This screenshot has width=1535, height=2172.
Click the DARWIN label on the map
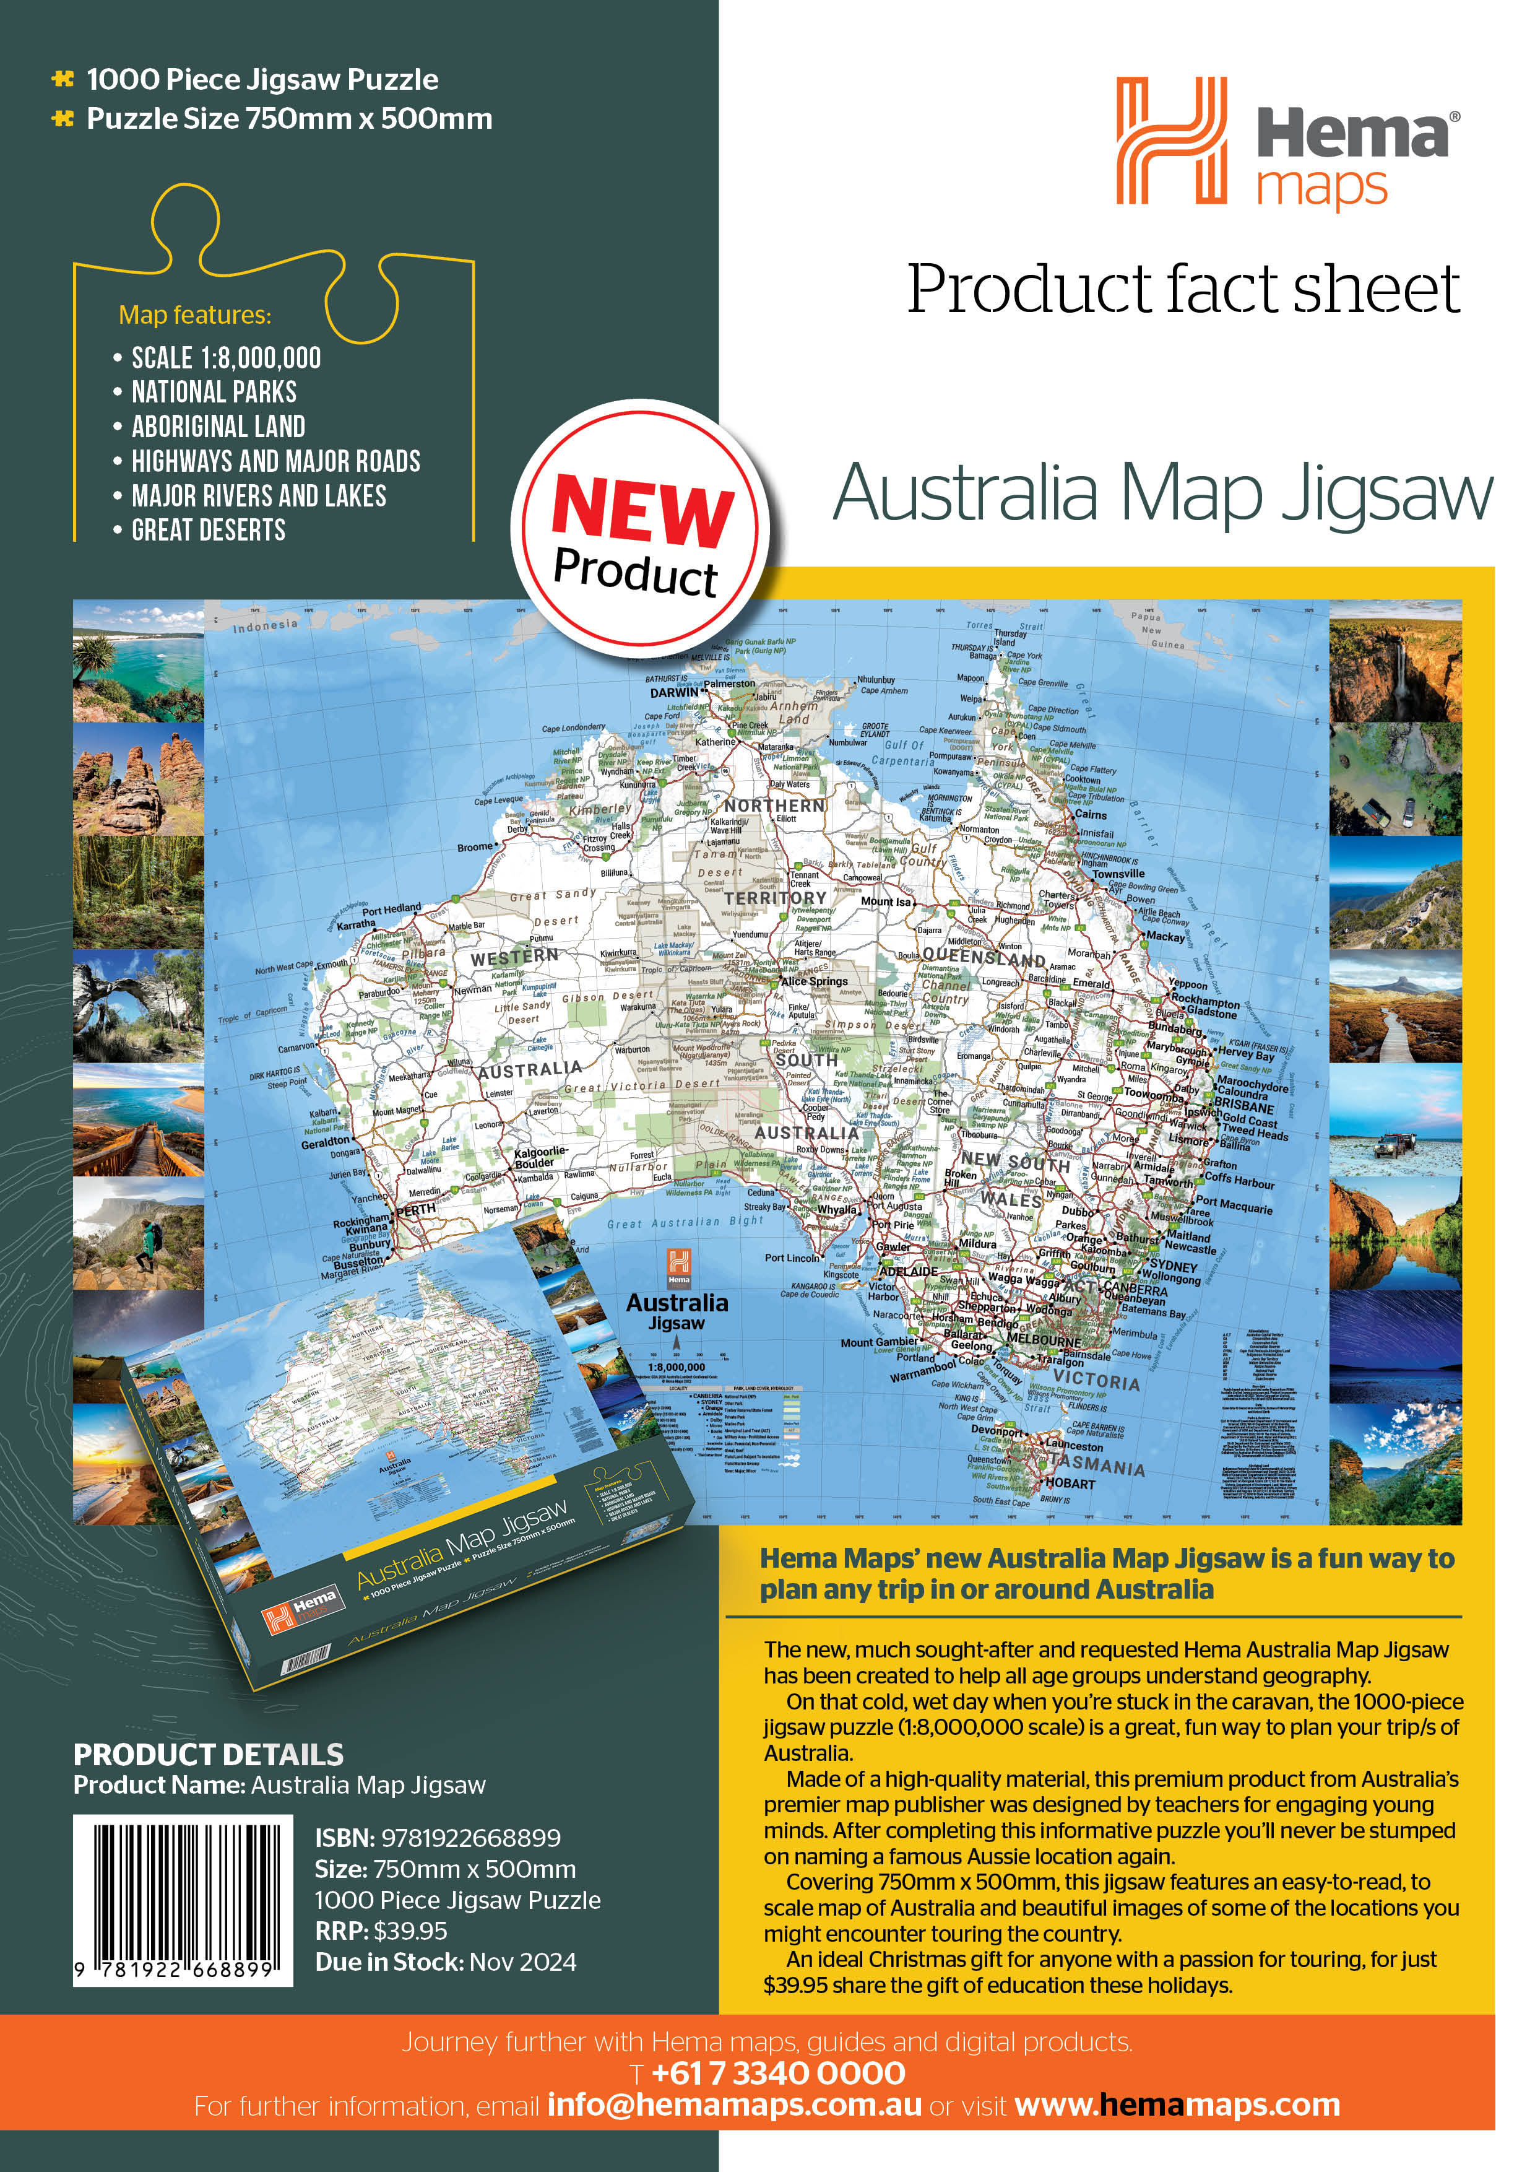coord(674,692)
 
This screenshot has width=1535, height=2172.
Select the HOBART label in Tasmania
coord(1071,1483)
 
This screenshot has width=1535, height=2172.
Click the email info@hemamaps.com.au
coord(734,2105)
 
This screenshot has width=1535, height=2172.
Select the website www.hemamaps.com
coord(1177,2105)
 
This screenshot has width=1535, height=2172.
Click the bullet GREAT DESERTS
coord(208,530)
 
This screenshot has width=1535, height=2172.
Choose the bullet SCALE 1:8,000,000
coord(226,358)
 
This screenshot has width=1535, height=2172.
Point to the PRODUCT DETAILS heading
coord(209,1755)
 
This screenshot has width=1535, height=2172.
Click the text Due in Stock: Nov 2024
coord(446,1962)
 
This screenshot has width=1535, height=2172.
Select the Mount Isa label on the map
coord(885,901)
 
